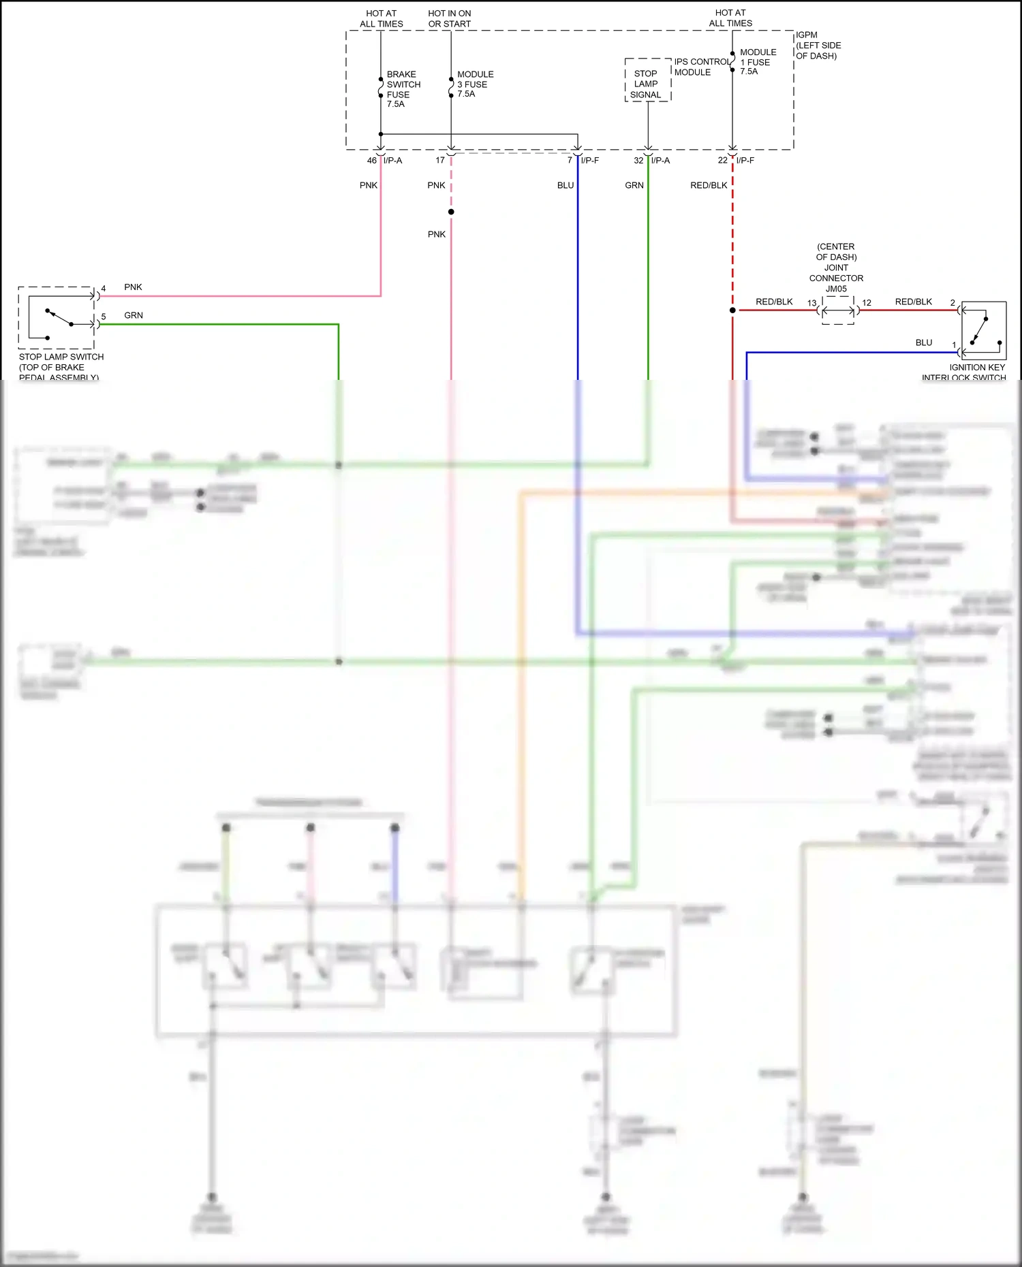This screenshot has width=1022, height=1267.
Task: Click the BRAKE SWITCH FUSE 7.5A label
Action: point(403,89)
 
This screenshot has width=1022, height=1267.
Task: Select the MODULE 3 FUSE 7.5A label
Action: point(475,84)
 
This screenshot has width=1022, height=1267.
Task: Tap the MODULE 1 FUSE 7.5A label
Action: point(758,61)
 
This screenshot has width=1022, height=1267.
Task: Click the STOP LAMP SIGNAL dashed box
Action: point(647,81)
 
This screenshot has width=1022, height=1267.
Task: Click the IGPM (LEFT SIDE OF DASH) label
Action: point(818,45)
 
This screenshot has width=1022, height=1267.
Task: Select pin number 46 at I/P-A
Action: point(371,161)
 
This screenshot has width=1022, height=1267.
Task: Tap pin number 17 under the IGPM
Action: point(439,161)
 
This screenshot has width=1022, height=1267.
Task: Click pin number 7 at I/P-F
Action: point(570,161)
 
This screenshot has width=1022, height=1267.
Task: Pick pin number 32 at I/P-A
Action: point(638,161)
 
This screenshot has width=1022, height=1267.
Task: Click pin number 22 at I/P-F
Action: point(722,161)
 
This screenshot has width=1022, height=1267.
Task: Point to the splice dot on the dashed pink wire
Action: point(451,212)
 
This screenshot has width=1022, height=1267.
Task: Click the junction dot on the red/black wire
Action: point(732,310)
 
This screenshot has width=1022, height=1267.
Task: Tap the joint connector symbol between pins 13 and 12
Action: point(837,311)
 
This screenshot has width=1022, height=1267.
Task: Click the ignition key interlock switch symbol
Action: point(982,330)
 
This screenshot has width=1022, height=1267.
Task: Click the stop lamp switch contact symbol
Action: point(60,319)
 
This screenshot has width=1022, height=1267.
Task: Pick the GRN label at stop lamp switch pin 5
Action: point(134,315)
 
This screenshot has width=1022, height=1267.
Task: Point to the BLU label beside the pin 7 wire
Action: point(565,185)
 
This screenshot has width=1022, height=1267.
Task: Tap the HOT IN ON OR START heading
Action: point(449,18)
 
